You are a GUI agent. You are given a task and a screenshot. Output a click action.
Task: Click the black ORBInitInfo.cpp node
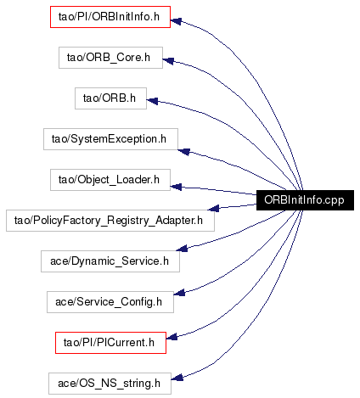[305, 200]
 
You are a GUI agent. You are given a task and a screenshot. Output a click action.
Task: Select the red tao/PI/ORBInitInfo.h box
[110, 17]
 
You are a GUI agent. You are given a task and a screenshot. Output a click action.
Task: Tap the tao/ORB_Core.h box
[110, 58]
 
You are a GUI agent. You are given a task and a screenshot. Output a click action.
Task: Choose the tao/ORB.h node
[110, 98]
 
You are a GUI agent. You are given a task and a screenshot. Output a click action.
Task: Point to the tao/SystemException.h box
[110, 139]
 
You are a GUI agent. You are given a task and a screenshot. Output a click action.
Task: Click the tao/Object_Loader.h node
[110, 180]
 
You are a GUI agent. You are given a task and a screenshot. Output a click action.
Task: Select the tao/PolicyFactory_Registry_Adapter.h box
[110, 221]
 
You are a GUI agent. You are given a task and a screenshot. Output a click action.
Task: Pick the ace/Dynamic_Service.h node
[110, 261]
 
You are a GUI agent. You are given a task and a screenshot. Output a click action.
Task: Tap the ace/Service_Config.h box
[110, 302]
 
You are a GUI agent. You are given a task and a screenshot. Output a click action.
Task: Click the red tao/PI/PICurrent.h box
[110, 343]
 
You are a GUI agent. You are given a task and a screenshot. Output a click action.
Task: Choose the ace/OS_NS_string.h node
[110, 384]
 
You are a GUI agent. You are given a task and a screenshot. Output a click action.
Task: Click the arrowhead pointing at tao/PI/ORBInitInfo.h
[176, 21]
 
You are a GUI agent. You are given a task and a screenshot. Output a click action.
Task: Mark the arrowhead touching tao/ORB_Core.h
[168, 60]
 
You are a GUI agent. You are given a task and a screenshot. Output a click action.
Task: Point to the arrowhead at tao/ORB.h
[152, 101]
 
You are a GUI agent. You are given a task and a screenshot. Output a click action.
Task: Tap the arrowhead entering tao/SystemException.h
[183, 152]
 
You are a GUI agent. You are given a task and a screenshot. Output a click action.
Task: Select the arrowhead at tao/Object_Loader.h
[176, 187]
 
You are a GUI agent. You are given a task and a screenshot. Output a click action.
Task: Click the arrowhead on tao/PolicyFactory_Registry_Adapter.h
[213, 208]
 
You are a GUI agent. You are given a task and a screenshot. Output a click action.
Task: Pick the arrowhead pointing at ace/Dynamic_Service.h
[182, 249]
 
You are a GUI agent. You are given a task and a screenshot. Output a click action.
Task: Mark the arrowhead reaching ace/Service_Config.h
[179, 293]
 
